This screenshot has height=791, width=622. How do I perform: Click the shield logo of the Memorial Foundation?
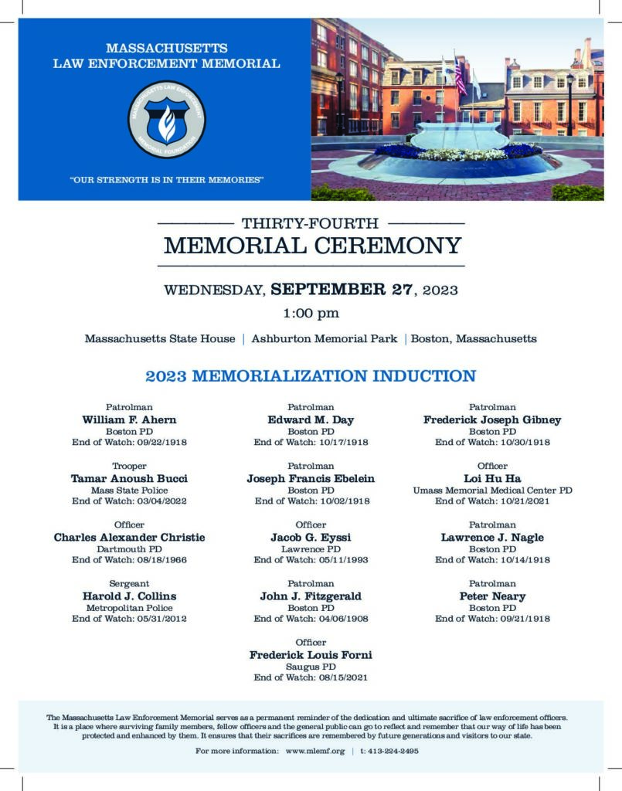click(167, 120)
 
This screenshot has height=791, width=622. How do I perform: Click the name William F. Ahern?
click(129, 420)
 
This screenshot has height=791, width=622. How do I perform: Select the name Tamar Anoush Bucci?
click(129, 479)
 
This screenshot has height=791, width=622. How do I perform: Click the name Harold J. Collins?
click(129, 596)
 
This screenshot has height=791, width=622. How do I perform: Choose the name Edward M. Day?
click(311, 420)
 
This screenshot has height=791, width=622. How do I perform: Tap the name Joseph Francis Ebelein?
click(311, 479)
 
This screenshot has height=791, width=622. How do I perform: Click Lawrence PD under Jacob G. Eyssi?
click(311, 548)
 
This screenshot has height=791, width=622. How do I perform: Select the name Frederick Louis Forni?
click(311, 655)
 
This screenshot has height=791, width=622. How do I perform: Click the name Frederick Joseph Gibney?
click(492, 420)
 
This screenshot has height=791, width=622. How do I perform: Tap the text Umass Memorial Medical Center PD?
click(492, 490)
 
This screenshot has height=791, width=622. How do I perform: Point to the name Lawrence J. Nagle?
click(492, 538)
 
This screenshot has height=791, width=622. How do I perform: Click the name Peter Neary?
click(492, 596)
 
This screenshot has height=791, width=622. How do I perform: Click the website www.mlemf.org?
click(315, 751)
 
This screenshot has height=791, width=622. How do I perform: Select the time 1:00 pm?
click(311, 314)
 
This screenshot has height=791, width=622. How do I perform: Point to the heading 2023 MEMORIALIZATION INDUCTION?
click(311, 376)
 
